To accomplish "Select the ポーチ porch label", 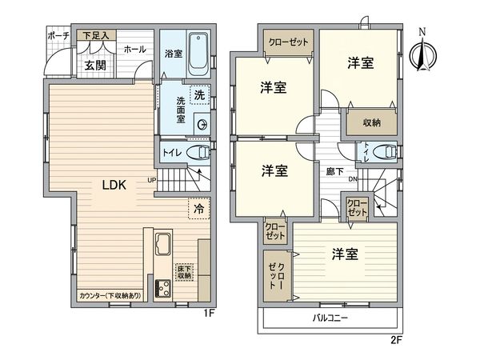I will pos(57,36).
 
